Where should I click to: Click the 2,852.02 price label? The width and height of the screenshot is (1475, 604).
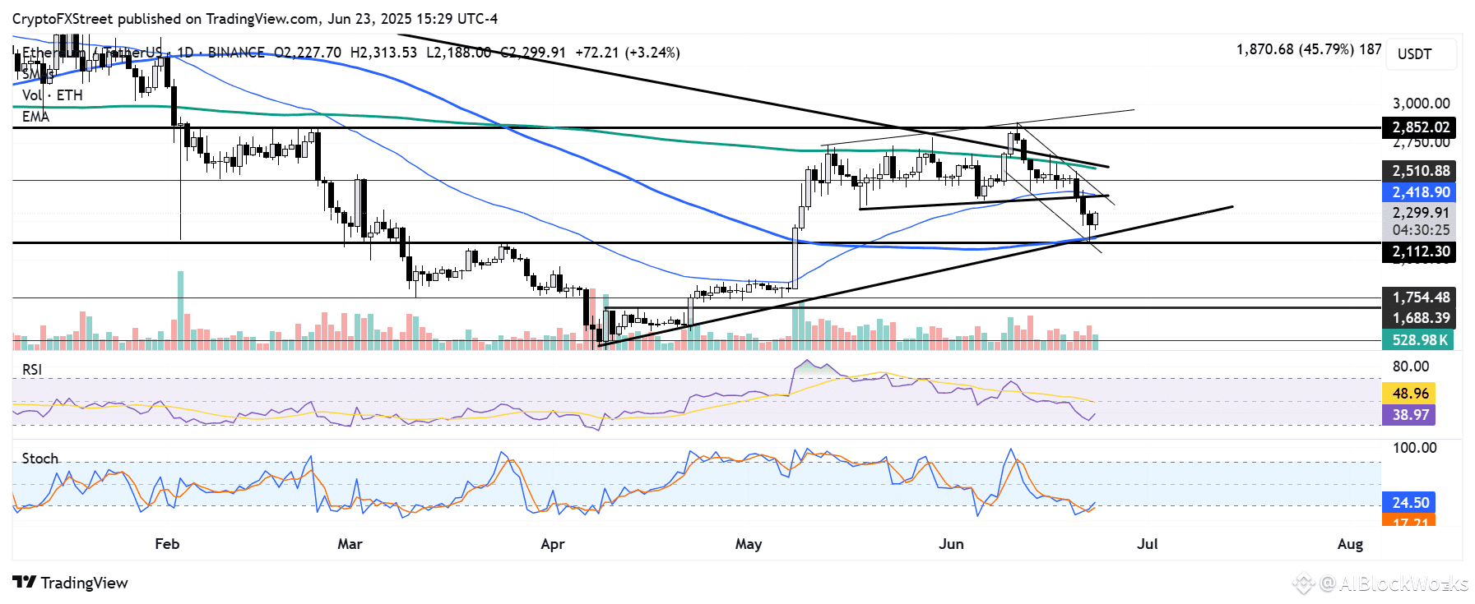click(1420, 127)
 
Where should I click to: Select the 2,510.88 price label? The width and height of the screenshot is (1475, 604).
click(1420, 171)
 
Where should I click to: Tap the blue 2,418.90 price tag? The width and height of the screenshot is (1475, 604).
click(1420, 192)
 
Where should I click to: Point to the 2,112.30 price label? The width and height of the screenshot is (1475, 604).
click(1420, 251)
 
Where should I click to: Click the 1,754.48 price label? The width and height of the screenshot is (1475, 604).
click(1420, 297)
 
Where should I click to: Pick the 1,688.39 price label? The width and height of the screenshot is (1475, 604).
click(1420, 318)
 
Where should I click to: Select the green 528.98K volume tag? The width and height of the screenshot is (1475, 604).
click(1418, 340)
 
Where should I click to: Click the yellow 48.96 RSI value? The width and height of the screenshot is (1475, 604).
click(1409, 394)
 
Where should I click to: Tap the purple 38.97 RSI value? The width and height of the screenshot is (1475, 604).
click(1409, 415)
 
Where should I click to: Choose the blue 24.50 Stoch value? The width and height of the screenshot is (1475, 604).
click(1410, 502)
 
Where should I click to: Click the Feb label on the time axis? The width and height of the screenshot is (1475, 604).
click(167, 544)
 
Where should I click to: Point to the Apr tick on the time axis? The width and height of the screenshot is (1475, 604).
click(553, 544)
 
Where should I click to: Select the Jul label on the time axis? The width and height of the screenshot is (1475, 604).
click(1147, 544)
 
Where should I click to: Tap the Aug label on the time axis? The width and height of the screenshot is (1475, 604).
click(1350, 544)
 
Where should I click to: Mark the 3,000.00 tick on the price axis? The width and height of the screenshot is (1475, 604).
click(1421, 104)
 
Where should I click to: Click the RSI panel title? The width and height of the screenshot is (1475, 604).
click(32, 370)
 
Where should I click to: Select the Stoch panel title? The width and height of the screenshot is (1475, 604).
click(40, 459)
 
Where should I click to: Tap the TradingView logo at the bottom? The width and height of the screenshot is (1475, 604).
click(71, 583)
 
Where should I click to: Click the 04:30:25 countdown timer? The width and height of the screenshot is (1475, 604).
click(1421, 230)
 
